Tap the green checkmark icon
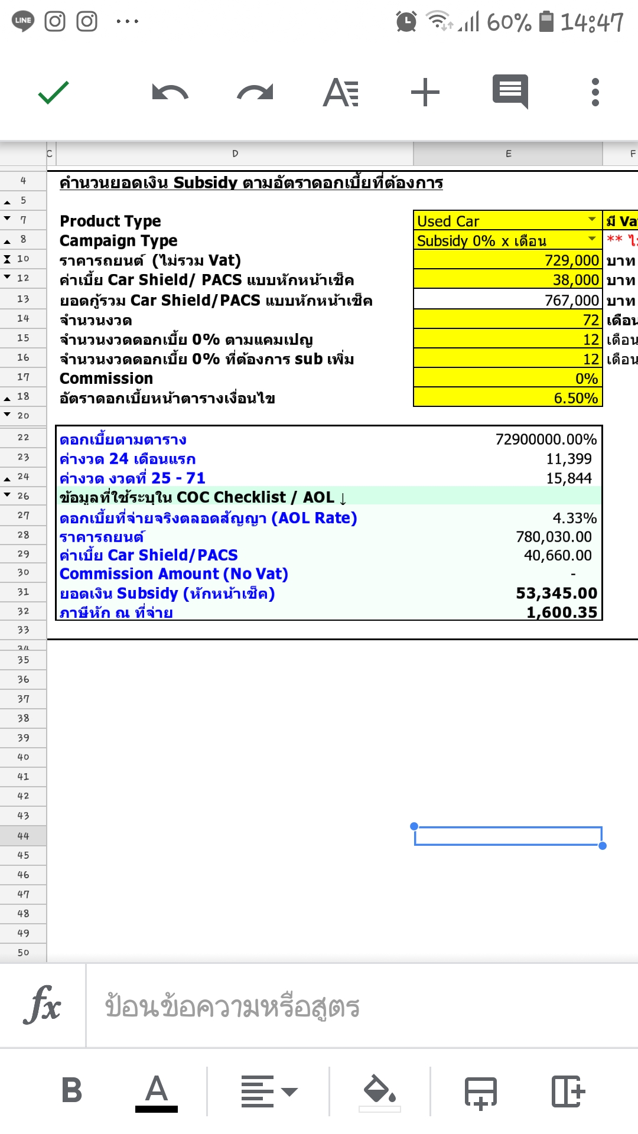(x=54, y=93)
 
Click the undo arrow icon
(x=170, y=93)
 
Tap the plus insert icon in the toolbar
(x=425, y=93)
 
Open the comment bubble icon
(x=510, y=92)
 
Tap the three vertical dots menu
(x=595, y=93)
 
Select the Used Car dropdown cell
(x=507, y=221)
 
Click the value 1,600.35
(x=562, y=612)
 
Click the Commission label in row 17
(x=106, y=379)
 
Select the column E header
(x=508, y=154)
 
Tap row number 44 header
(x=23, y=836)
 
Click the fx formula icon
(x=43, y=1005)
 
